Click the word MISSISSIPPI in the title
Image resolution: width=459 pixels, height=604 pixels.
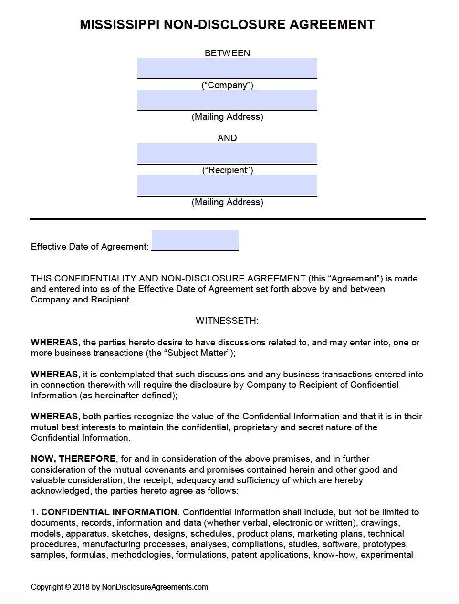click(x=119, y=25)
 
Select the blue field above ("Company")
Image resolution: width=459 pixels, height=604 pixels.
click(x=227, y=68)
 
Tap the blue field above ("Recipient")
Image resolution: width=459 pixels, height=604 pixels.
click(x=227, y=153)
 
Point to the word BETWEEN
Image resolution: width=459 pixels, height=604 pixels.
click(x=227, y=53)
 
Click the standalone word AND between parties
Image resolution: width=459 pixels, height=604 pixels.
click(x=227, y=138)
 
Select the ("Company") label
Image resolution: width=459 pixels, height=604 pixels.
click(x=227, y=85)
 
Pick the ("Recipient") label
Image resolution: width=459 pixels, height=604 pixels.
click(x=227, y=170)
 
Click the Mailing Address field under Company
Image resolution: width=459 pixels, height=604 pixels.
click(x=227, y=100)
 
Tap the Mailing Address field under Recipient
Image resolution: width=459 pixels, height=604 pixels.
click(x=227, y=185)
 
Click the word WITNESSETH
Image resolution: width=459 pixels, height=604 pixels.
click(x=227, y=321)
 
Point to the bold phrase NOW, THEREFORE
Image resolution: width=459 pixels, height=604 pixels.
click(x=73, y=458)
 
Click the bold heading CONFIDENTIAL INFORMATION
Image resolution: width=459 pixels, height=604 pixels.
click(x=109, y=512)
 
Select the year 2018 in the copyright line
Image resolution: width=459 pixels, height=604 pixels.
click(x=81, y=587)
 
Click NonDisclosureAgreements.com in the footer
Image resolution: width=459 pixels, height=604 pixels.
click(x=155, y=587)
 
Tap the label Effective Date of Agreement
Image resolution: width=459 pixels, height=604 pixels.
click(x=89, y=246)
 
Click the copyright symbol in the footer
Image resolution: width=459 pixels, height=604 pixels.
click(x=68, y=587)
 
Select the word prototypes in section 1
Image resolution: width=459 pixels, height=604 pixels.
click(x=385, y=544)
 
